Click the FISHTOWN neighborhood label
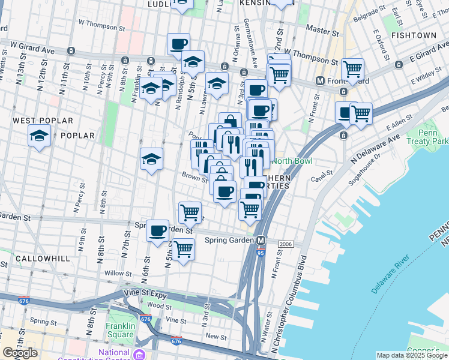(x=413, y=35)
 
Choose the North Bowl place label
(x=292, y=160)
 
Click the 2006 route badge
(x=286, y=244)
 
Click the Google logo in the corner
(x=20, y=353)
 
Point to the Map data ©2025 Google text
(x=412, y=355)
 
